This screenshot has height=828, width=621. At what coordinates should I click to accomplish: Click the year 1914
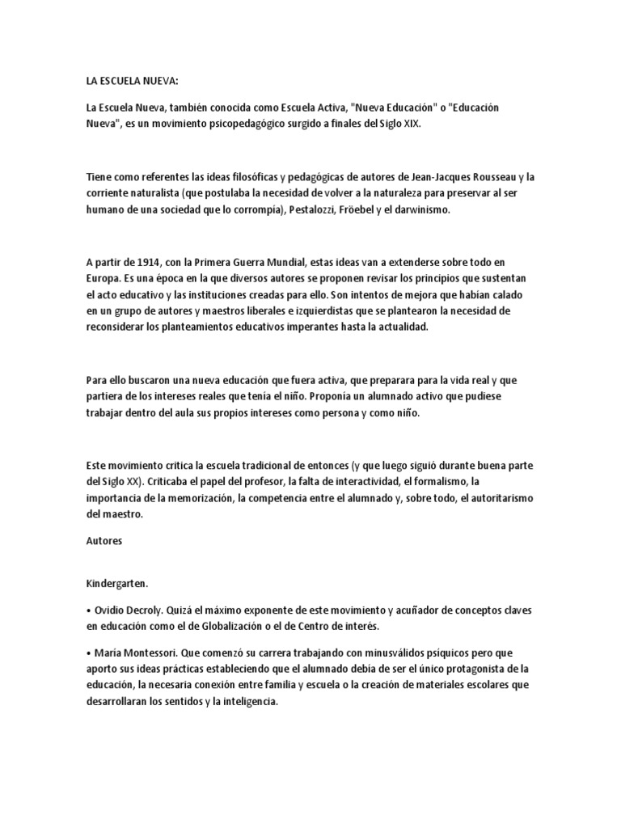coord(142,260)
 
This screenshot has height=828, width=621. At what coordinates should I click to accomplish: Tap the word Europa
coord(103,277)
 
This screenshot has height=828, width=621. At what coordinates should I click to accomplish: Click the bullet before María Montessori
coord(88,651)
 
